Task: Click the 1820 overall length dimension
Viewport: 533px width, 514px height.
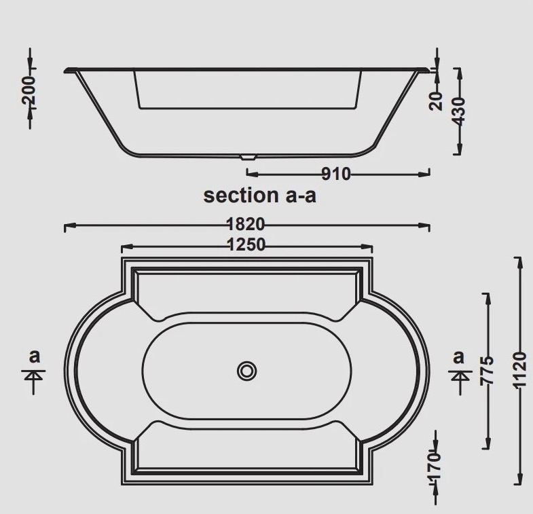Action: pos(245,224)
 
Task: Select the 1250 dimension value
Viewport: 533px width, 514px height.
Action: pos(246,244)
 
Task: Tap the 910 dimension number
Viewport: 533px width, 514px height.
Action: pos(336,174)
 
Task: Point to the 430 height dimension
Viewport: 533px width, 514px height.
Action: pos(459,111)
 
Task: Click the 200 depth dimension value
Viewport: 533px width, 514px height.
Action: pos(29,90)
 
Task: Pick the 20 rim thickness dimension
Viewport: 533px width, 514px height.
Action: pos(437,101)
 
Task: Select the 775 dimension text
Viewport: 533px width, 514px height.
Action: pos(486,371)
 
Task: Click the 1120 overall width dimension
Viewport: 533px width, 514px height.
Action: pos(519,370)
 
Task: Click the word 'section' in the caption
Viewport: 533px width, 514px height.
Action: pos(240,195)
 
